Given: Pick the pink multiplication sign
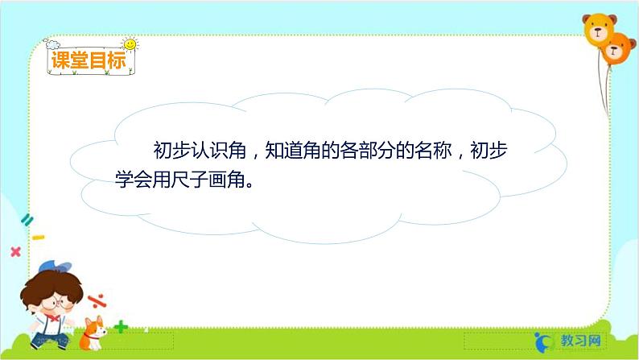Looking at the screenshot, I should point(14,251).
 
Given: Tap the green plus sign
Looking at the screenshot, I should point(121,326).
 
